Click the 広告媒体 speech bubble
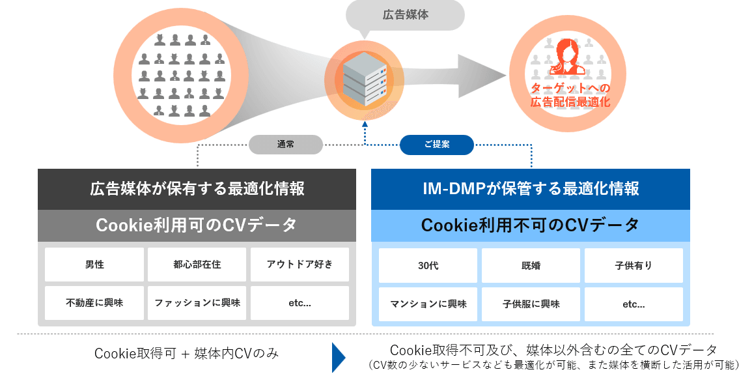(404, 14)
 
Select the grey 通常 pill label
(285, 144)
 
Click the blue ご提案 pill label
(436, 144)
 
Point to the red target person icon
(566, 57)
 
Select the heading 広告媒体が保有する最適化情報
(197, 189)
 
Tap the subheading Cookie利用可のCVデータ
(197, 225)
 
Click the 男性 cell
(94, 265)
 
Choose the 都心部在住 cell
(197, 265)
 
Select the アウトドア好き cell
(300, 265)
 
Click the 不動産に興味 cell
(94, 303)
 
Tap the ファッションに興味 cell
(197, 303)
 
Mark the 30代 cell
(428, 265)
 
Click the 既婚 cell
(531, 265)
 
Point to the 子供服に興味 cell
(531, 304)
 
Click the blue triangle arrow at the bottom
(338, 356)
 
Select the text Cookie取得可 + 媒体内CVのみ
(186, 354)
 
